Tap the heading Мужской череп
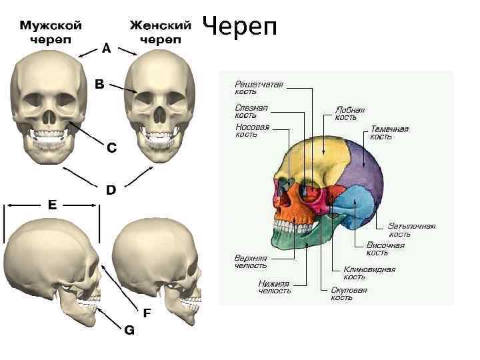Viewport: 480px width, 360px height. coord(51,31)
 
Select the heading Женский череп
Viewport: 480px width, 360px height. coord(160,31)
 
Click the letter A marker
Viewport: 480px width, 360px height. coord(106,48)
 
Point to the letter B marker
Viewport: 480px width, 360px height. coord(99,85)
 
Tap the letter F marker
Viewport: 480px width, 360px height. coord(147,312)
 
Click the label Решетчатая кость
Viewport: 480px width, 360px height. coord(259,89)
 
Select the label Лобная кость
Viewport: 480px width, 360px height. coord(349,113)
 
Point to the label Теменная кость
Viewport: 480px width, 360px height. coord(389,133)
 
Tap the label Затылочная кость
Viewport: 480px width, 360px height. coord(411,230)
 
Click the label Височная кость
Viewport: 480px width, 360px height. coord(385,249)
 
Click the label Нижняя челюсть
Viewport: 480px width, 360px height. coord(274,287)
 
